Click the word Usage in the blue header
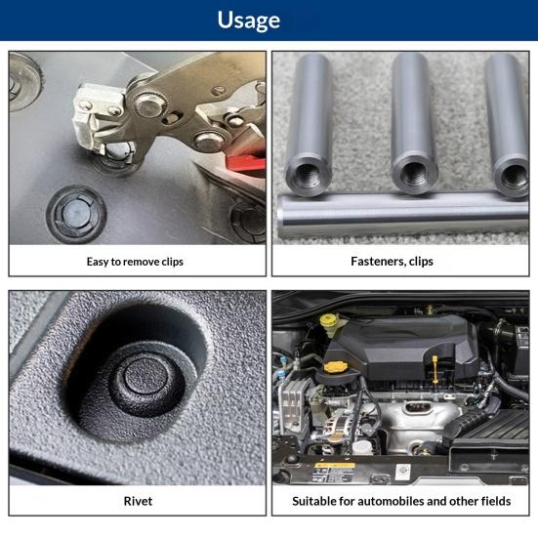pyautogui.click(x=249, y=21)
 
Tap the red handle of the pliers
pyautogui.click(x=246, y=163)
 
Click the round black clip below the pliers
pyautogui.click(x=76, y=215)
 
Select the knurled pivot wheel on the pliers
pyautogui.click(x=149, y=103)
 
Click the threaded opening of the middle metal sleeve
pyautogui.click(x=413, y=175)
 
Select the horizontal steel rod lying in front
pyautogui.click(x=402, y=215)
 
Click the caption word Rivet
pyautogui.click(x=138, y=501)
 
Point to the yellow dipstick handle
pyautogui.click(x=435, y=369)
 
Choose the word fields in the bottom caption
pyautogui.click(x=496, y=501)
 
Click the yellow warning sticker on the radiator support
pyautogui.click(x=335, y=466)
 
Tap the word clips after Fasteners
pyautogui.click(x=421, y=262)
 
